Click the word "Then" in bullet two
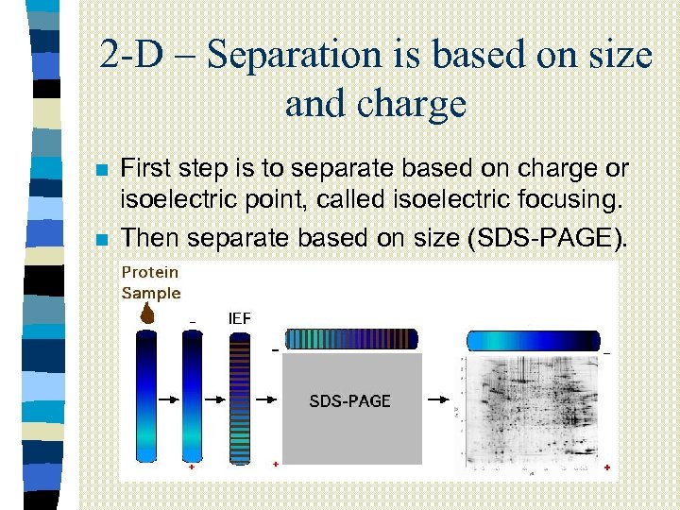coord(152,238)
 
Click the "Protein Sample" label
coord(150,282)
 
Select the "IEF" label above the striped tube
coord(240,318)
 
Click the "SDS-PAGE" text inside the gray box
coord(349,401)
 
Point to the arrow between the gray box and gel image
coord(438,400)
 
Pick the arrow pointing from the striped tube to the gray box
coord(269,400)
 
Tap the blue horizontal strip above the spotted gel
coord(534,341)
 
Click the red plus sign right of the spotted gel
coord(606,467)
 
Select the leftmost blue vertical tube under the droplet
coord(147,397)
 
